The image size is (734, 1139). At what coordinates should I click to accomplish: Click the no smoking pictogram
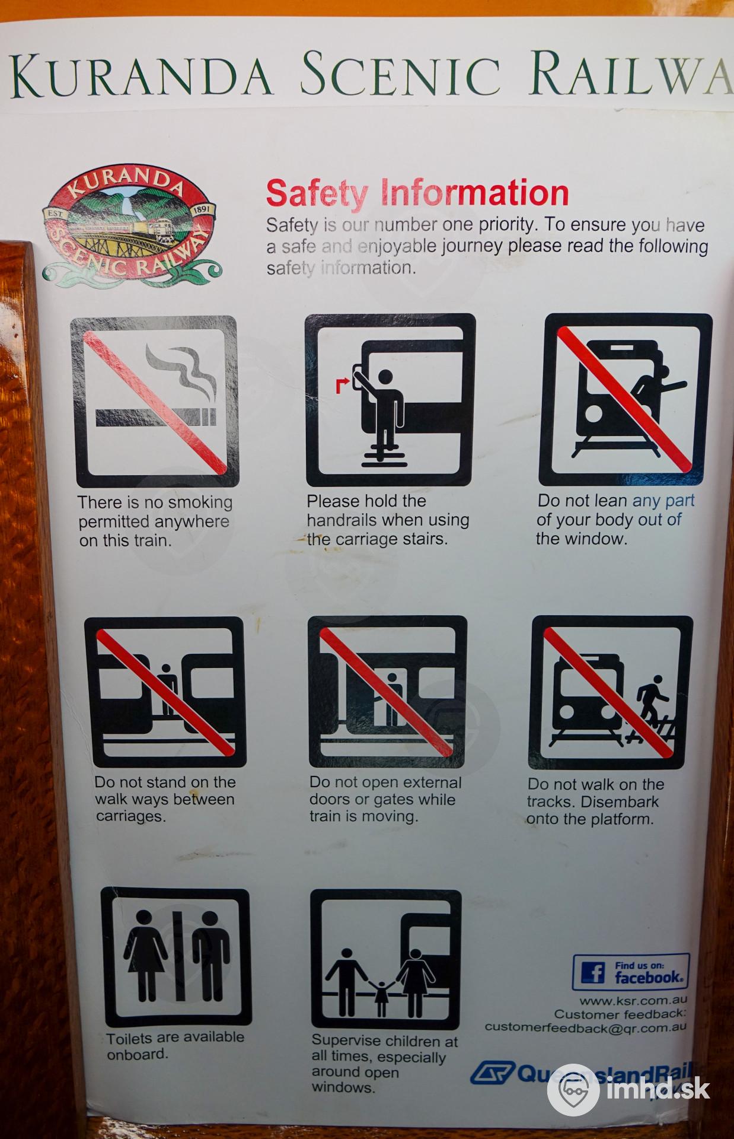[x=155, y=401]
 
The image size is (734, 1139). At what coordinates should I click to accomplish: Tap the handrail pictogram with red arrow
[x=390, y=400]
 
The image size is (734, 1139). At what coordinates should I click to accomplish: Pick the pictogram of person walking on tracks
[x=611, y=692]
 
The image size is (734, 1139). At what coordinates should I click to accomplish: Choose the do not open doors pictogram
[x=388, y=692]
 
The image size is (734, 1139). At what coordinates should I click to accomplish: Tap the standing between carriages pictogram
[x=165, y=692]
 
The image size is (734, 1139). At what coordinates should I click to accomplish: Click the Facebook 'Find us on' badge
[x=631, y=972]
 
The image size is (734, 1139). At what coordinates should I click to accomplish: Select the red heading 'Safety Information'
[x=417, y=193]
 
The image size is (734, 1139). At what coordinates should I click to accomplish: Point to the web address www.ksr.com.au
[x=633, y=1001]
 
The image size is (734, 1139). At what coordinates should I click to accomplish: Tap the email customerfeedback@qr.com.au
[x=586, y=1027]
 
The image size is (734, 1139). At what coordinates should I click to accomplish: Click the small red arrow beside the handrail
[x=342, y=384]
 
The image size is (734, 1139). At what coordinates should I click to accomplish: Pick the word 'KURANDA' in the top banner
[x=141, y=76]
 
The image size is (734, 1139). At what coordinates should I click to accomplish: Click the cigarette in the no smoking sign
[x=155, y=417]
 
